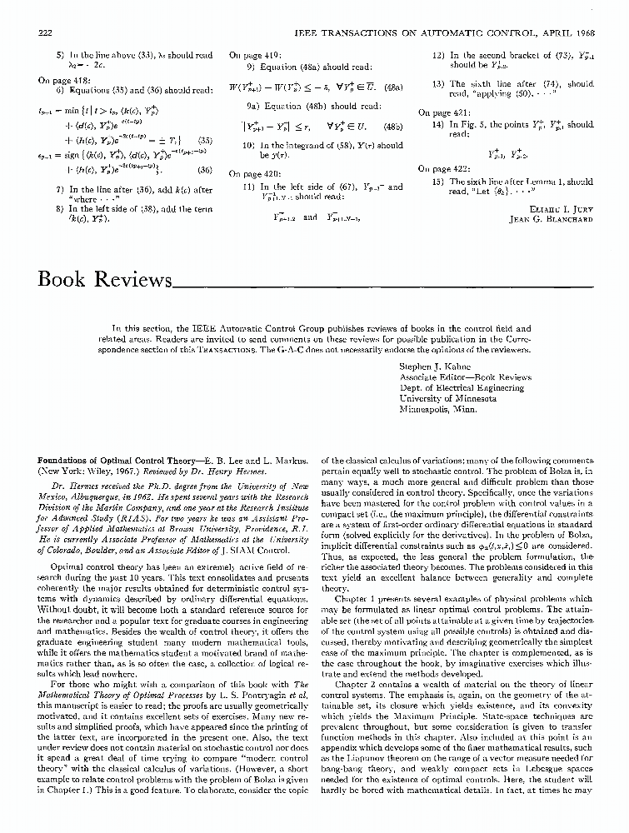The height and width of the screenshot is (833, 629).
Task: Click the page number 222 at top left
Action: click(46, 31)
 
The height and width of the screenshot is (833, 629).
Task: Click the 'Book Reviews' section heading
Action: click(104, 278)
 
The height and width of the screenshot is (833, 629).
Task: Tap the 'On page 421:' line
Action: click(442, 112)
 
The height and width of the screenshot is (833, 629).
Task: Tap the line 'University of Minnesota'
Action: click(447, 398)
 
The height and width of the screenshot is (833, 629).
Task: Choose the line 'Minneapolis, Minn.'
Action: click(439, 410)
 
